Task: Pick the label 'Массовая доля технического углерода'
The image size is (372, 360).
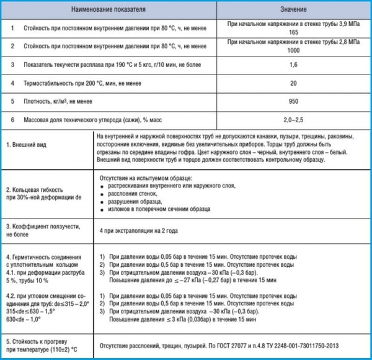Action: (80, 119)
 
